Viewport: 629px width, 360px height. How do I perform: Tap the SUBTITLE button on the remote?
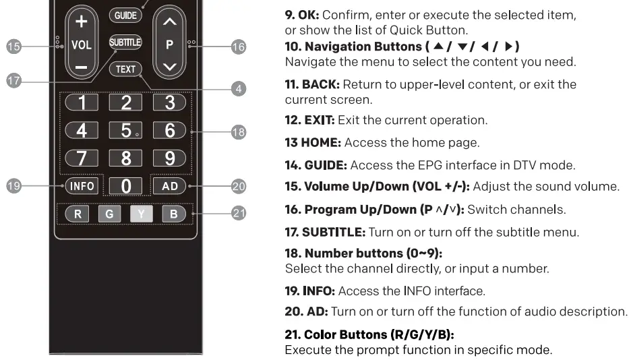click(x=125, y=42)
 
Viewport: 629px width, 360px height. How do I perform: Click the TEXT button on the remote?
click(x=125, y=69)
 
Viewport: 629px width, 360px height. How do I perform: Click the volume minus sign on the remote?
click(x=81, y=67)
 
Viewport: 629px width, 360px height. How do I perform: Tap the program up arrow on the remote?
click(x=170, y=22)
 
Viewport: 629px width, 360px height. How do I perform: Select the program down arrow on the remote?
click(x=170, y=67)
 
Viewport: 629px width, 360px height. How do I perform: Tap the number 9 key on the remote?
click(x=170, y=158)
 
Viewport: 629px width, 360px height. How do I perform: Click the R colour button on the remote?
click(x=78, y=214)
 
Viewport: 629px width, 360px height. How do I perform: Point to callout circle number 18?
click(x=238, y=132)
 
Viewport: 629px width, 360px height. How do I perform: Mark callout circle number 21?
click(x=238, y=214)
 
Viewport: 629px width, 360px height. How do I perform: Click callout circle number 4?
click(x=238, y=88)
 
